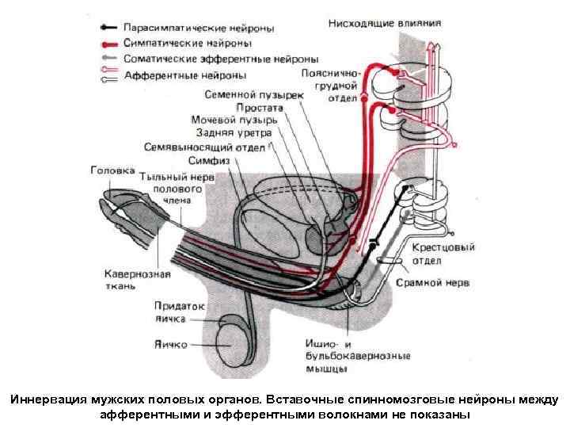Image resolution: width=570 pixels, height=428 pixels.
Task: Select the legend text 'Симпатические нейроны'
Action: point(187,44)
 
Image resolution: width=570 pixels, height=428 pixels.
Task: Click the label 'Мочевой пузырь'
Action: point(234,120)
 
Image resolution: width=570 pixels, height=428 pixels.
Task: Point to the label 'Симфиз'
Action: point(209,160)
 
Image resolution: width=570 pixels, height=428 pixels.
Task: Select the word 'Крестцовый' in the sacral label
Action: point(443,247)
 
